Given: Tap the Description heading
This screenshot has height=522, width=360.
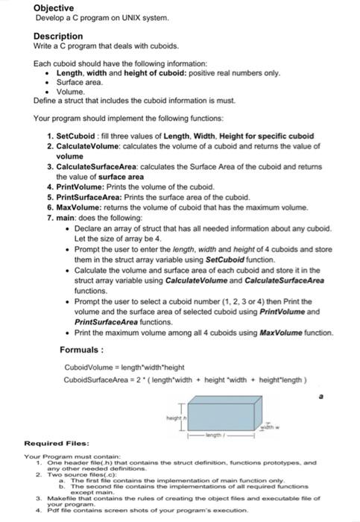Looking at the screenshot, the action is point(58,36).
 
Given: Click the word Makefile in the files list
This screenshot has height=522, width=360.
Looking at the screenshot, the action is point(56,499).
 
